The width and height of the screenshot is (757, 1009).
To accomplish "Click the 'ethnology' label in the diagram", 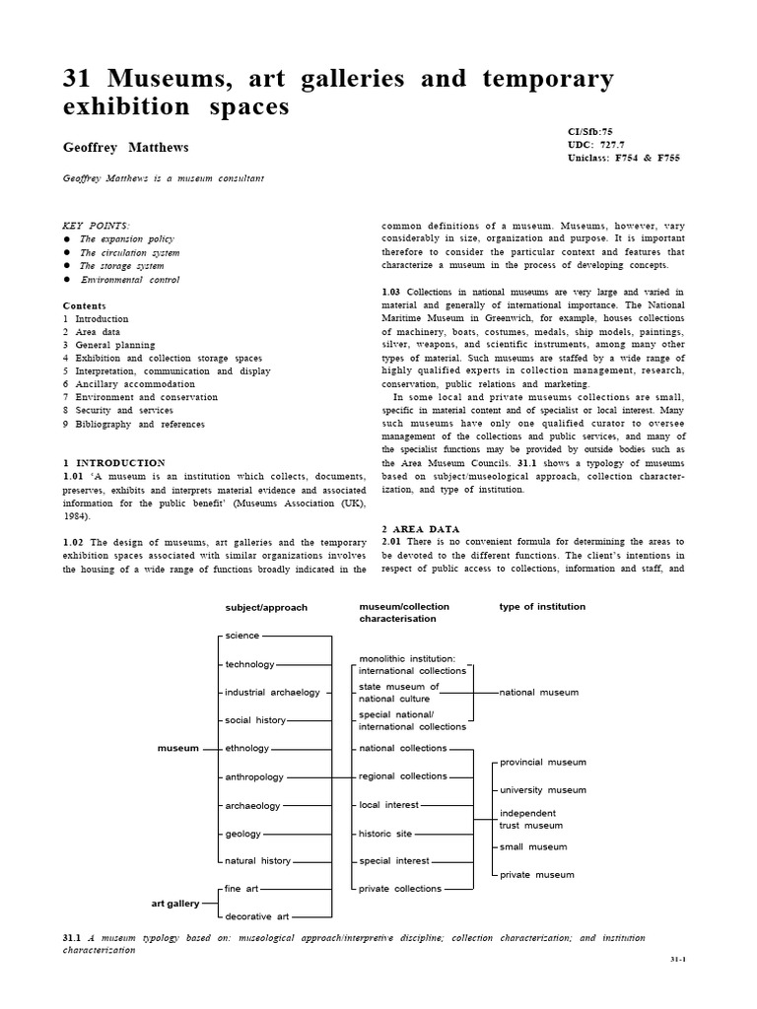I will [247, 748].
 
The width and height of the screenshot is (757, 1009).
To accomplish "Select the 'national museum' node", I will [539, 693].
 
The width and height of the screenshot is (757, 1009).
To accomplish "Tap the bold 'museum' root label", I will [178, 748].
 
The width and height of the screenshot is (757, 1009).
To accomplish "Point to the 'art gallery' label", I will [174, 903].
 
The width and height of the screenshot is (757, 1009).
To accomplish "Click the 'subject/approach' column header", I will [266, 607].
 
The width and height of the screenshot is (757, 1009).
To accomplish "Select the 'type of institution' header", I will [542, 607].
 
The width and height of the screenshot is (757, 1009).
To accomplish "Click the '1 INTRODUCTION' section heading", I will [114, 462].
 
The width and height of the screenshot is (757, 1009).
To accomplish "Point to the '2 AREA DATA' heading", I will [420, 529].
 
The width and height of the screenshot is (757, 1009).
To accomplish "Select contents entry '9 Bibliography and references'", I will [134, 424].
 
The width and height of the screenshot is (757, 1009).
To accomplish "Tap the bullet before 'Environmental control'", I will [67, 280].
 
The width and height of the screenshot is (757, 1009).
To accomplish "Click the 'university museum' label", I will [543, 790].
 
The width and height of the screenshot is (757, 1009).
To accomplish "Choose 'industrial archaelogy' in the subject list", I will [273, 693].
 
